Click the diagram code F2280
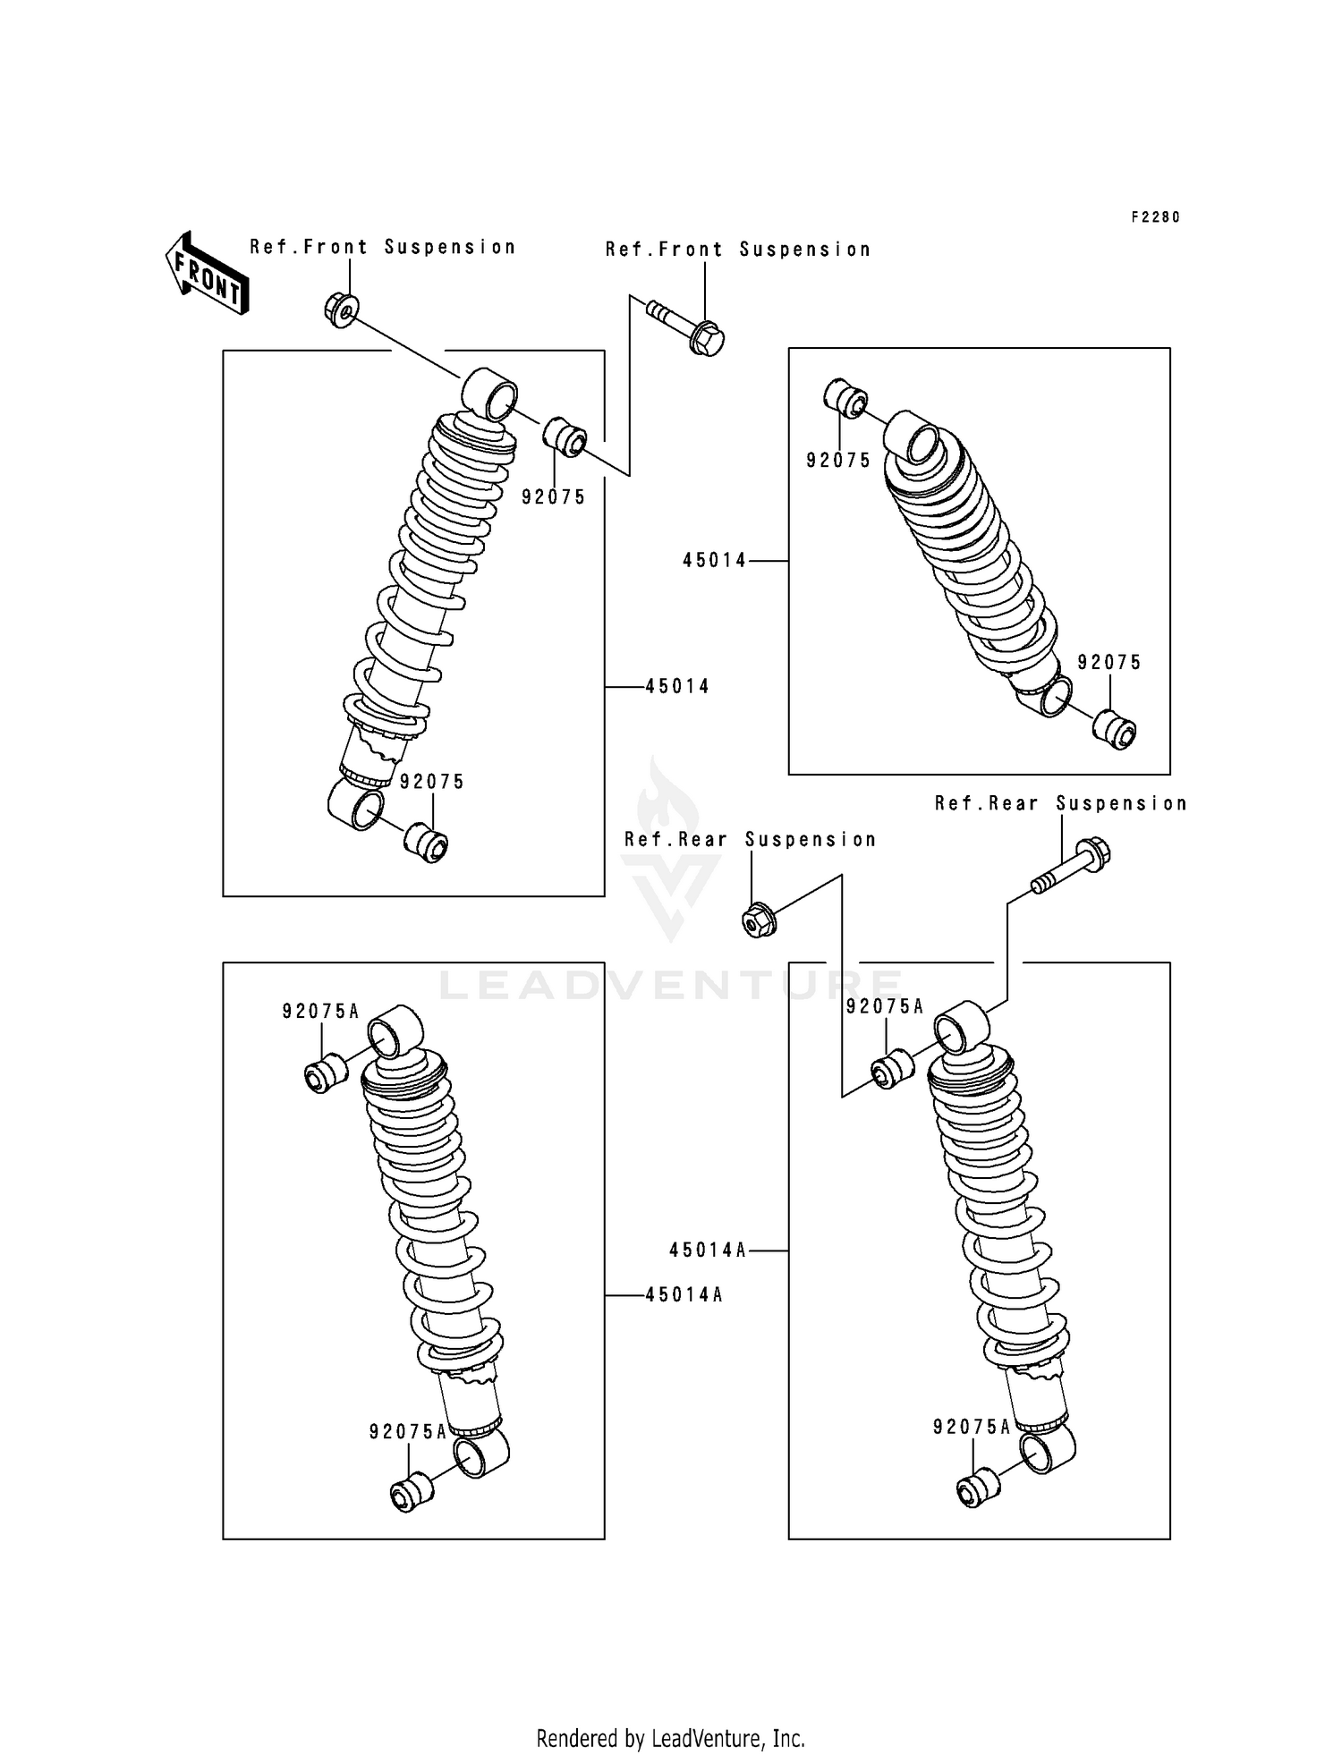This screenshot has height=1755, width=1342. [x=1155, y=217]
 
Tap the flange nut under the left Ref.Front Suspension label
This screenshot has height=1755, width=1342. [x=340, y=309]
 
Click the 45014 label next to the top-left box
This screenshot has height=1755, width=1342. [x=677, y=687]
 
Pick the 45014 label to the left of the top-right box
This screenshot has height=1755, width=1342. [x=714, y=561]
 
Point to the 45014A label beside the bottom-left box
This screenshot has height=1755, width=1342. [x=684, y=1294]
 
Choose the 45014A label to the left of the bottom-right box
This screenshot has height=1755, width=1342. [x=708, y=1251]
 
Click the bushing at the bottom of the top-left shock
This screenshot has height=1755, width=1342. [x=426, y=843]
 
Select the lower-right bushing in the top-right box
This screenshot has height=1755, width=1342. [x=1116, y=729]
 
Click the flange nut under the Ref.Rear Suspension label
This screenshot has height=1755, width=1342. [x=759, y=920]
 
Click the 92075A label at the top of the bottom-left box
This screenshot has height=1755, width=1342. [x=320, y=1012]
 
